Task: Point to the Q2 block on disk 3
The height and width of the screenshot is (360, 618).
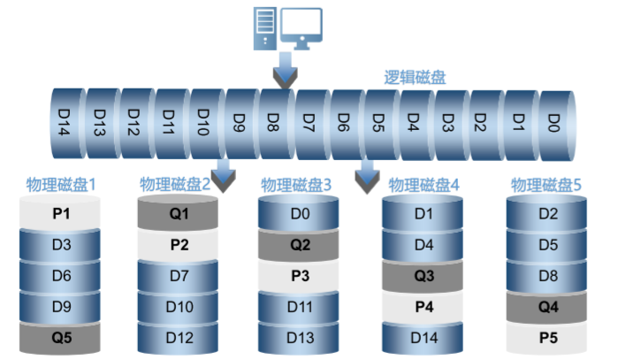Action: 301,245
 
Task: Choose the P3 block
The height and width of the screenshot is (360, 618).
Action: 301,276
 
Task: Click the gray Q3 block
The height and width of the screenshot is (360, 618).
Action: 423,276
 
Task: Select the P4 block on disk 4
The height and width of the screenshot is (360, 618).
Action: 423,307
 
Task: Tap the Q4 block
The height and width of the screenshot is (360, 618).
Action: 547,307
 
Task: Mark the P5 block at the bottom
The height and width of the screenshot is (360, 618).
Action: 547,337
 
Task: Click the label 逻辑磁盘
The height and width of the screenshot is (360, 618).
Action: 415,77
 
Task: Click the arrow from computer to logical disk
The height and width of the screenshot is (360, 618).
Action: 283,72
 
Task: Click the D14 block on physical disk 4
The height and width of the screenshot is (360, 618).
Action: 423,337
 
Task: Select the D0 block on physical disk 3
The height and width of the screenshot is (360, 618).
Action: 301,215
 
